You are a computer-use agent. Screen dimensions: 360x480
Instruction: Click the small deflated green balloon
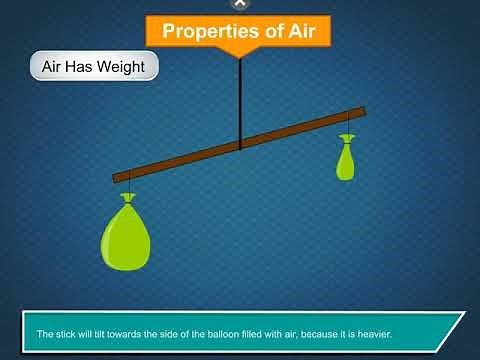tap(346, 163)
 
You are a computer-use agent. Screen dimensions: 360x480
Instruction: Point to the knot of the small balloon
tap(347, 139)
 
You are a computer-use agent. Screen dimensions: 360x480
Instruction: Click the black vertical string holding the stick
tap(240, 100)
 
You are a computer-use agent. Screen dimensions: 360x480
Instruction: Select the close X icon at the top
tap(239, 3)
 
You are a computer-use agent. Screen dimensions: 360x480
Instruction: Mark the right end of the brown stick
tap(363, 111)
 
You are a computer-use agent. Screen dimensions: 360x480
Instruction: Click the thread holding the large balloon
tap(127, 186)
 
